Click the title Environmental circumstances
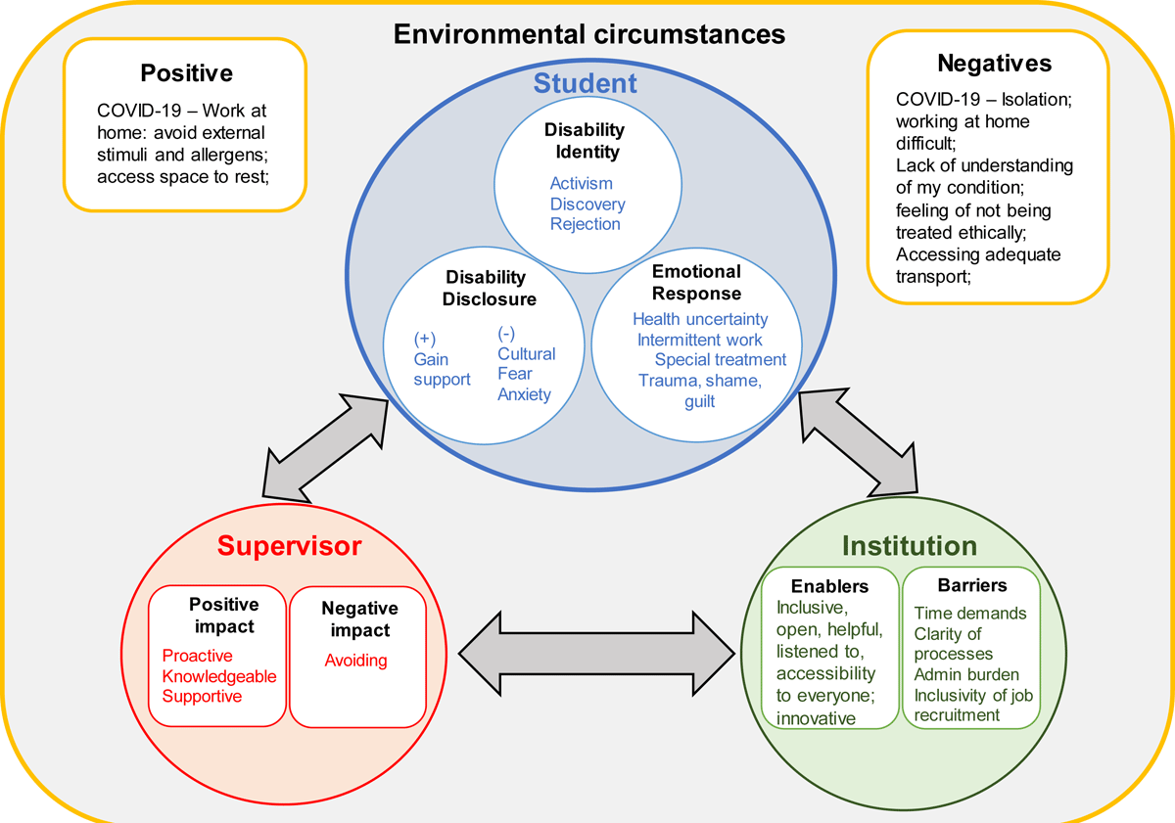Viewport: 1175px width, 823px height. (589, 34)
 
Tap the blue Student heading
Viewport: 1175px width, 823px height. (585, 83)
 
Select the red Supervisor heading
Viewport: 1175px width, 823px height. (290, 546)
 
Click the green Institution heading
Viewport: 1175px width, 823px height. (910, 546)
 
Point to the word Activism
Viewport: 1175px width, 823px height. (582, 183)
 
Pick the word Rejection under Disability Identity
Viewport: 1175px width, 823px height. (585, 224)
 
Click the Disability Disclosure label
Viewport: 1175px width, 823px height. (489, 289)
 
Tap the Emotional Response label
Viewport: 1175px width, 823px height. (696, 283)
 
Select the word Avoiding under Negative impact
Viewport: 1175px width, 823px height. (355, 661)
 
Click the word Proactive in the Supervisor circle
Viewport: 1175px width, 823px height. (197, 656)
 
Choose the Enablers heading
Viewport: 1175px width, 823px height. (830, 586)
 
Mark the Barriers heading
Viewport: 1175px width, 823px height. (972, 585)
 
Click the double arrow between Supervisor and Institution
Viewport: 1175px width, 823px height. (597, 654)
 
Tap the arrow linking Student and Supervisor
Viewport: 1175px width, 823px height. (325, 448)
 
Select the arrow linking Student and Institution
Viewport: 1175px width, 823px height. (858, 442)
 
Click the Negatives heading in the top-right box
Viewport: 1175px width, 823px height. (995, 64)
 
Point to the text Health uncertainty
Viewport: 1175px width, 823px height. (700, 319)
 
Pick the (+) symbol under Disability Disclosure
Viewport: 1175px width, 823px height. (424, 340)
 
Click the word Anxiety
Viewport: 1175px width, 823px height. (524, 394)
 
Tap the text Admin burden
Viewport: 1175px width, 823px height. (966, 674)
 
